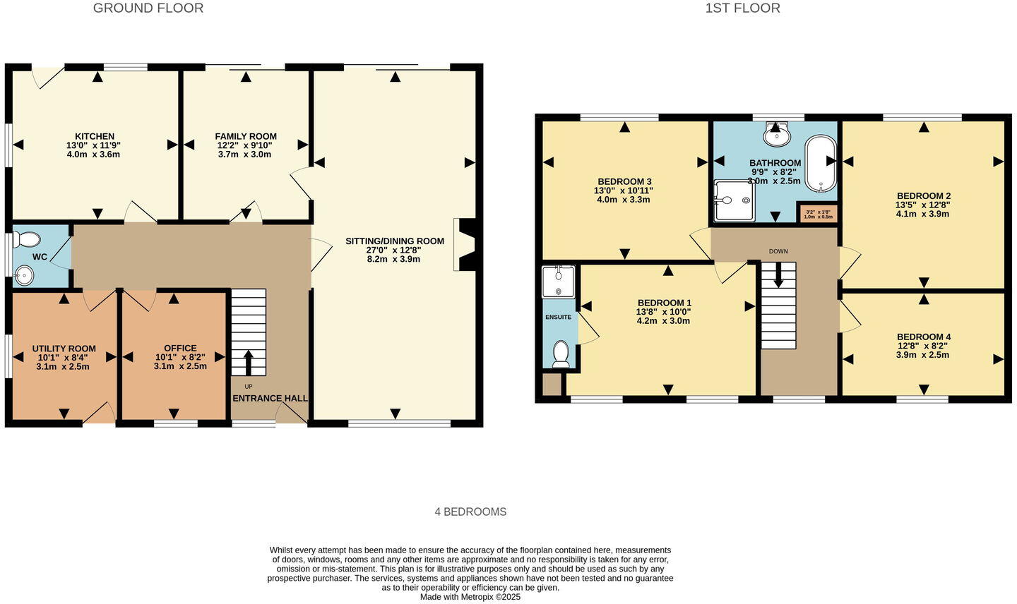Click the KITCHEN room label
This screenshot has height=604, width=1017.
[95, 136]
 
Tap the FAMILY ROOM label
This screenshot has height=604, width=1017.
[246, 136]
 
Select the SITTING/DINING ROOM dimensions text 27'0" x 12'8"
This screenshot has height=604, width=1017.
[394, 250]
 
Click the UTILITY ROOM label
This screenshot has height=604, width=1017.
[64, 349]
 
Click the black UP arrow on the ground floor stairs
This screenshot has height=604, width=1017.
[248, 362]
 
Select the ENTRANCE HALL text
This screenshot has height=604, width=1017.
[270, 398]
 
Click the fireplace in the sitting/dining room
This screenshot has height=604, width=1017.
[466, 244]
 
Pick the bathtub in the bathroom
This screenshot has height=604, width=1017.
[821, 163]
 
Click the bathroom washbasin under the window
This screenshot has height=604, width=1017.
[777, 135]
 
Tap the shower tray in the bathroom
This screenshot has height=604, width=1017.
[733, 200]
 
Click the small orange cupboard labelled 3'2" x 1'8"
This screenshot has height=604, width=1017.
[818, 213]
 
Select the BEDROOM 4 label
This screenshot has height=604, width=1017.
[923, 337]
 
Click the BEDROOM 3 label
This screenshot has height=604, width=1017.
[624, 181]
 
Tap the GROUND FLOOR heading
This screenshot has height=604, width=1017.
[148, 8]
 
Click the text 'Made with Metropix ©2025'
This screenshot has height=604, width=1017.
[470, 597]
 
